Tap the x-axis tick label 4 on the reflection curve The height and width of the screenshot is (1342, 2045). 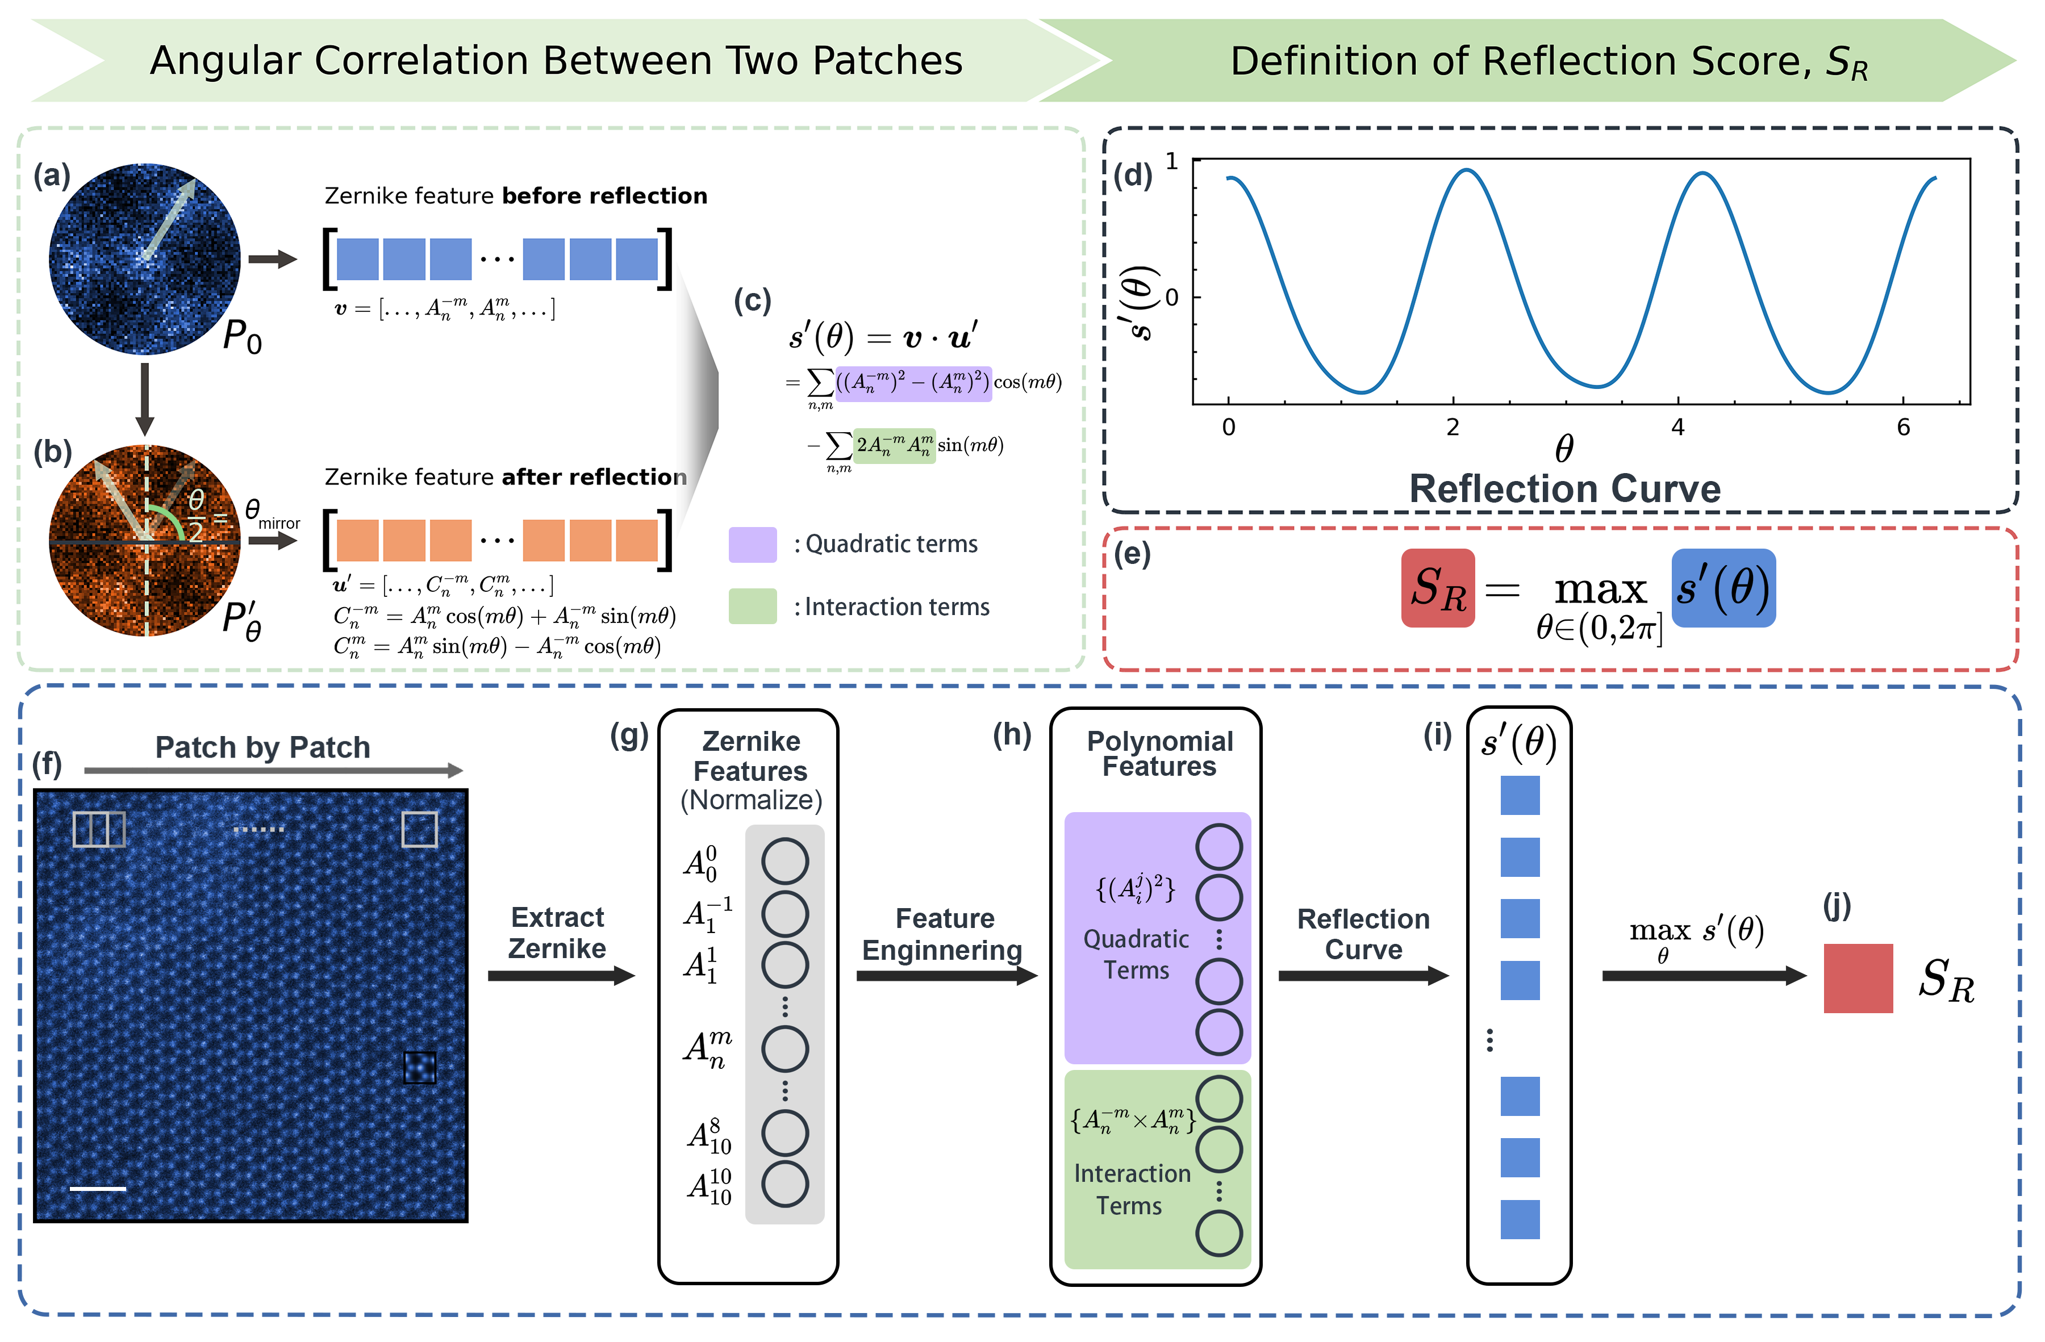click(1677, 427)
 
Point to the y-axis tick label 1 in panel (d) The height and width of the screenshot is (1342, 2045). click(1172, 161)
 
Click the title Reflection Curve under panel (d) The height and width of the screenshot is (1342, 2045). click(1564, 488)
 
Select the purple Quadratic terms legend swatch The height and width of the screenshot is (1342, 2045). click(752, 545)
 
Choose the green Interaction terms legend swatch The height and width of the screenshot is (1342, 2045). click(752, 607)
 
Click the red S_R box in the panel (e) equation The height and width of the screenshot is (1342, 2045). click(1438, 588)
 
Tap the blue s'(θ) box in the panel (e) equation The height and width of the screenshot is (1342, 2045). click(1723, 588)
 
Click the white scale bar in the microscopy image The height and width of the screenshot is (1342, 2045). click(97, 1188)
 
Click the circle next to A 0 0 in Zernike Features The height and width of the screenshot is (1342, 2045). click(784, 862)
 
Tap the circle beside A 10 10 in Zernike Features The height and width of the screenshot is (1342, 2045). click(784, 1184)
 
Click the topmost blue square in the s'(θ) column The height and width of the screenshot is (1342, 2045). click(1519, 796)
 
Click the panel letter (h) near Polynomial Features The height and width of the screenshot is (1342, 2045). click(1011, 735)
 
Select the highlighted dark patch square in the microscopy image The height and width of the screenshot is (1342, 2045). click(419, 1068)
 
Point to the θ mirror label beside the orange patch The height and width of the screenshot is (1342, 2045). click(270, 515)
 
